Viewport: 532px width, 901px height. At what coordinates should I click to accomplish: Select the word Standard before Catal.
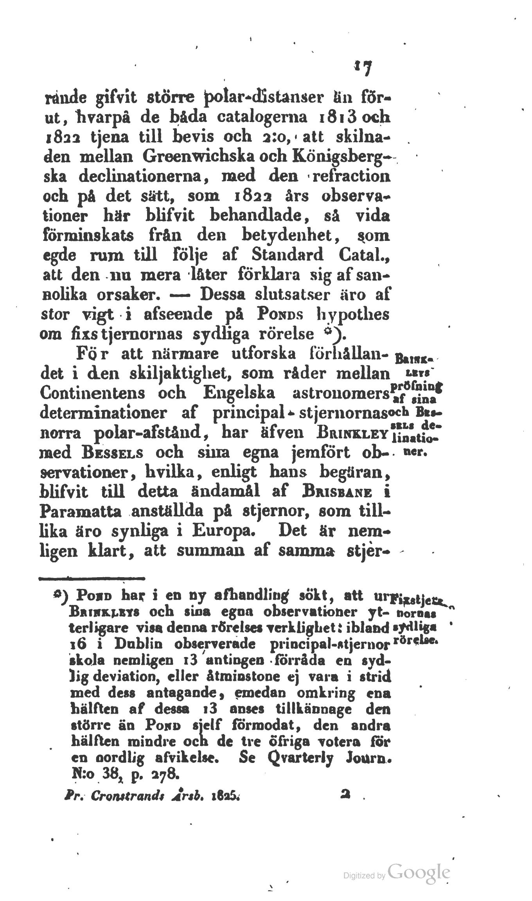[289, 255]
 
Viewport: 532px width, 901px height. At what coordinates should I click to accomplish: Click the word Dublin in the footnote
[139, 644]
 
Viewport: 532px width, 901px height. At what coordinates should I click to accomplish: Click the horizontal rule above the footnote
[92, 577]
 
